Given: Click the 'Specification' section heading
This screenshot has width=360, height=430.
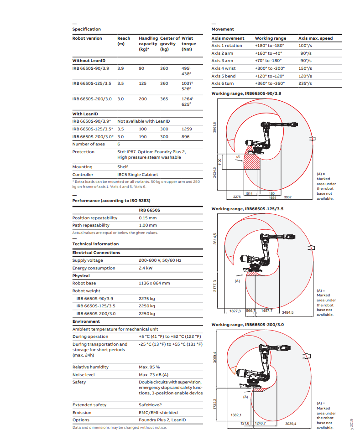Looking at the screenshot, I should (86, 29).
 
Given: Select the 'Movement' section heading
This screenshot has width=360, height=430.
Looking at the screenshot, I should (223, 29).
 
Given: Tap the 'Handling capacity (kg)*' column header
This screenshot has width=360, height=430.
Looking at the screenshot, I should (148, 44).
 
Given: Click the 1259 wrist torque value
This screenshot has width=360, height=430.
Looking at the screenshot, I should (187, 129).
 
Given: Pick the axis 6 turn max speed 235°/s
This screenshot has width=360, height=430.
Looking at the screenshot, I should (305, 83).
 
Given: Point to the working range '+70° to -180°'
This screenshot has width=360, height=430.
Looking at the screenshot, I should (268, 61).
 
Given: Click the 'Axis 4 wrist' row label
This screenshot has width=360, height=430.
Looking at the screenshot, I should (224, 68).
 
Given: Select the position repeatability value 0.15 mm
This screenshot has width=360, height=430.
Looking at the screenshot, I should (147, 218).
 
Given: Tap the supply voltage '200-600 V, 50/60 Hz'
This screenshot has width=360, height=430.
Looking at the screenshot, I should (160, 260).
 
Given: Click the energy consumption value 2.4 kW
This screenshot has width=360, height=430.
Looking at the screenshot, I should (146, 268).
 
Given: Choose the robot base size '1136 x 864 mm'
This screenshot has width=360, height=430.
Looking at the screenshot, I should (154, 283).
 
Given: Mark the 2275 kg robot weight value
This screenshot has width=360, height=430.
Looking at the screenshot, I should (147, 299).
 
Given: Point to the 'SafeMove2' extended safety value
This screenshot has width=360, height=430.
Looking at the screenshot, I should (150, 405).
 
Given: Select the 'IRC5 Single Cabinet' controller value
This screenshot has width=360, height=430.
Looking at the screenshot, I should (137, 175).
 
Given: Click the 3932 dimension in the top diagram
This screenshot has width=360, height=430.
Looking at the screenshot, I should (287, 197).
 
